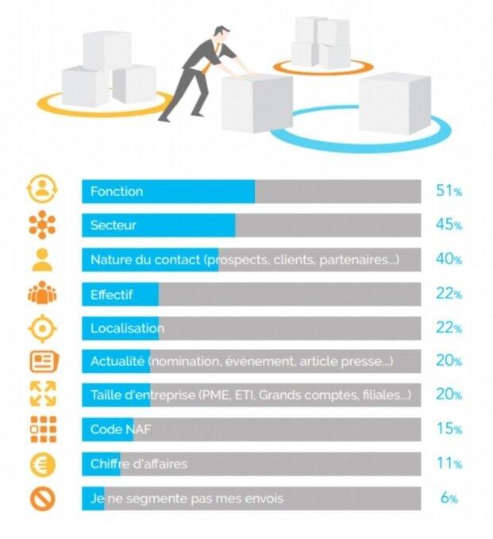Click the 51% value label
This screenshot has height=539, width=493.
click(x=449, y=191)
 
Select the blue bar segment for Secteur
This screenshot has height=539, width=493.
click(x=159, y=225)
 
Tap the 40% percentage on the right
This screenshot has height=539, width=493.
click(x=449, y=259)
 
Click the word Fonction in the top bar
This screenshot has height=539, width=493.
click(x=117, y=191)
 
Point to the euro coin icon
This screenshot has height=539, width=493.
click(x=43, y=464)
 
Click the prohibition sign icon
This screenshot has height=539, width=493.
click(x=43, y=499)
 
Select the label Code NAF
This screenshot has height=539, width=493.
click(x=121, y=429)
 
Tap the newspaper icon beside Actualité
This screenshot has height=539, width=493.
click(x=44, y=361)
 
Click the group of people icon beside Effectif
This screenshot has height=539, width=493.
click(x=42, y=293)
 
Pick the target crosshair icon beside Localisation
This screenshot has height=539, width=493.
click(x=42, y=329)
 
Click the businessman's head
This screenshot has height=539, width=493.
click(x=221, y=33)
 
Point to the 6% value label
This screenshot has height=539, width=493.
click(x=449, y=498)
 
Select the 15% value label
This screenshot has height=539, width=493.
click(x=449, y=429)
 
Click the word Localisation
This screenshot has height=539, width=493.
click(x=127, y=329)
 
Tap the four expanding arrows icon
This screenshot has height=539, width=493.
click(x=43, y=394)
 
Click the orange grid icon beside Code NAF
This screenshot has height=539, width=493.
click(x=44, y=429)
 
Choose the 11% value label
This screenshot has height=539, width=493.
click(x=449, y=464)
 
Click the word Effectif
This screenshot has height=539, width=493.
click(x=111, y=295)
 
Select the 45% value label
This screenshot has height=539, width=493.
click(x=449, y=225)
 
